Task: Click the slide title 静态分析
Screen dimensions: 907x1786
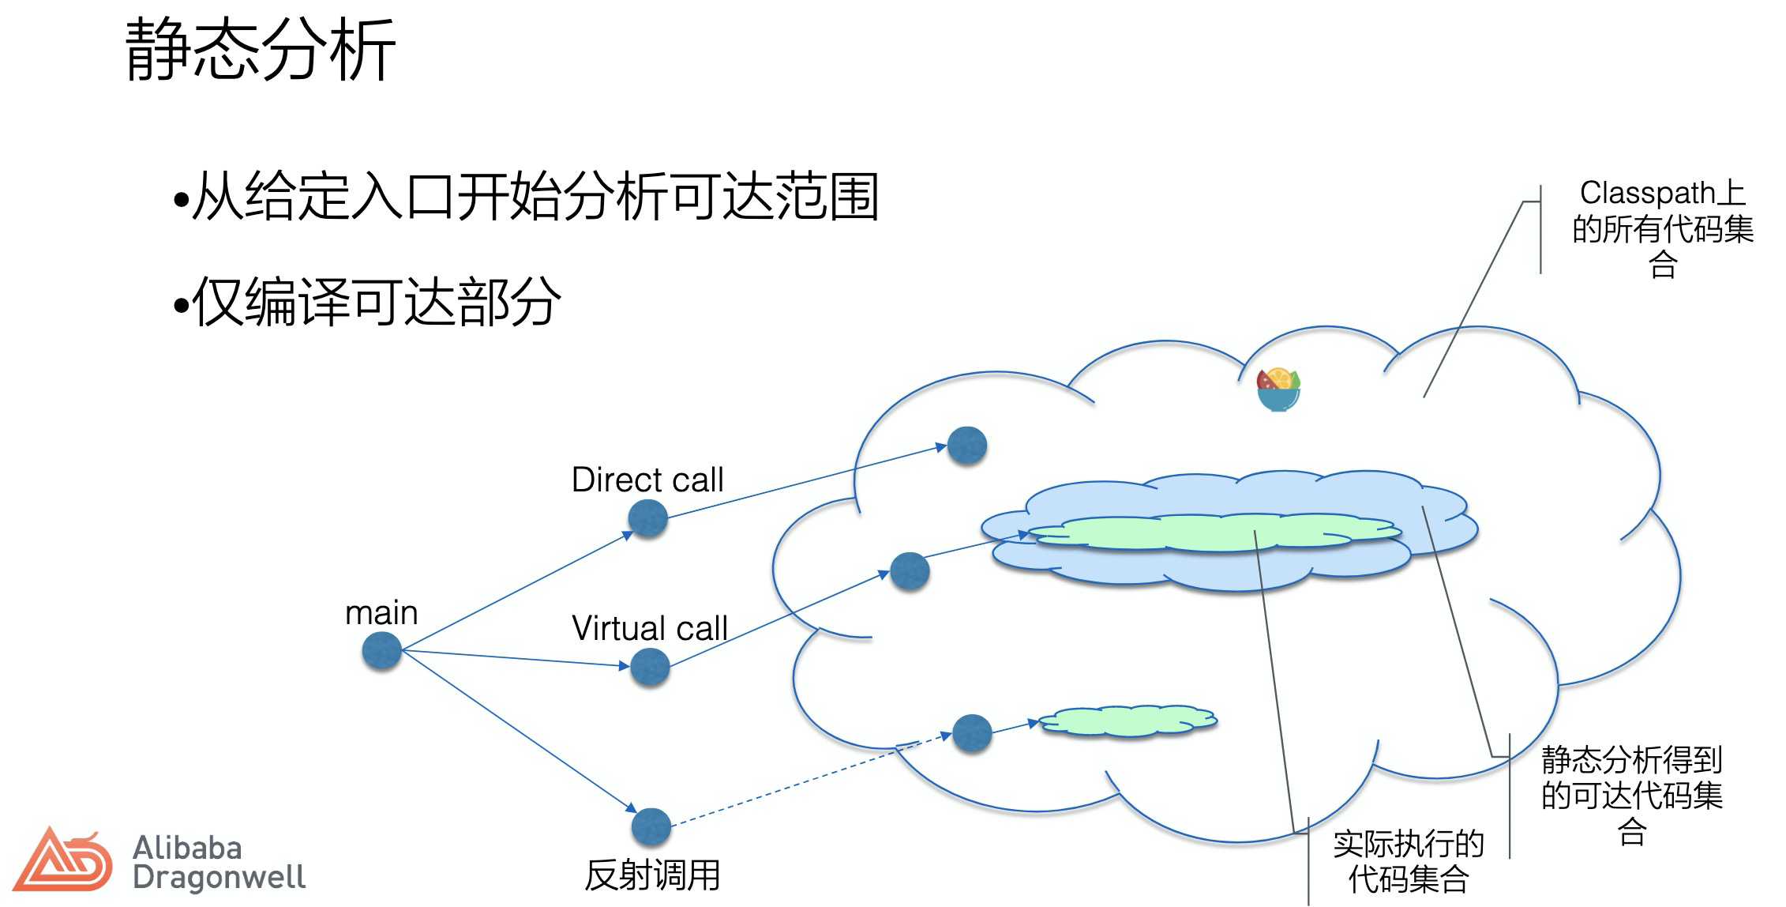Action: click(261, 51)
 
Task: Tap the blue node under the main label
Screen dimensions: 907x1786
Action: click(382, 651)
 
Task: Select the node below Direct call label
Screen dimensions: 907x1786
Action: click(648, 518)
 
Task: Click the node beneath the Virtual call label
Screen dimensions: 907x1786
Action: click(651, 667)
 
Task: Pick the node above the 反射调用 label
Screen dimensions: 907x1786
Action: click(651, 826)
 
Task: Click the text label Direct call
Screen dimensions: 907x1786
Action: click(647, 480)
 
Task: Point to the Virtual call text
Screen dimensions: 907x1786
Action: click(649, 628)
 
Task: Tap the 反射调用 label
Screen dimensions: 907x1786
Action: click(652, 875)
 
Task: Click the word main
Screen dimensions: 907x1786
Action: click(381, 613)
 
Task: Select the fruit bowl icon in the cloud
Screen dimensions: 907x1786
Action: click(1278, 390)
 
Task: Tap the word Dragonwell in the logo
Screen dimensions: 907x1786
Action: click(219, 877)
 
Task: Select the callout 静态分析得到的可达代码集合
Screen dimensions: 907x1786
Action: click(1631, 795)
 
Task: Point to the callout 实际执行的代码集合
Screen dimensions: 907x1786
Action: click(1408, 862)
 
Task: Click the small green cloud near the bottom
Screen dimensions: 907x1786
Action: click(1128, 721)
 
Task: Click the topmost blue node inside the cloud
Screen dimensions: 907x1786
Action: click(967, 446)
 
